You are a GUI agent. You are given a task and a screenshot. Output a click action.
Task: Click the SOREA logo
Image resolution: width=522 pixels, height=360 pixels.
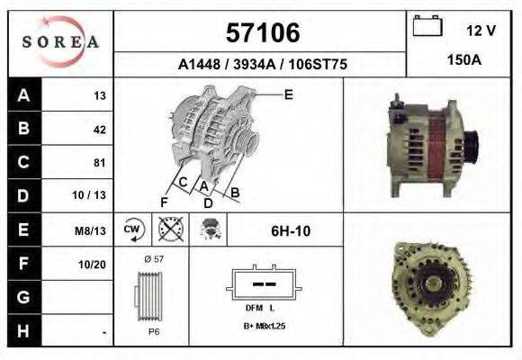(60, 42)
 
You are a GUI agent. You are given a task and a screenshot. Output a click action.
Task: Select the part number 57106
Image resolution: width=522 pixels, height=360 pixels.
(261, 33)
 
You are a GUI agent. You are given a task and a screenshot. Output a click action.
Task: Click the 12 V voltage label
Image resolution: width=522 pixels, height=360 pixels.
(481, 31)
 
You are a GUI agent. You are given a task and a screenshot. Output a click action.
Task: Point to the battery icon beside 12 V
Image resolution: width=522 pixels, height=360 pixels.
(426, 26)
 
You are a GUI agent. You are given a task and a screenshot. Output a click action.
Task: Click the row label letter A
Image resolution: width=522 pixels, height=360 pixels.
(23, 95)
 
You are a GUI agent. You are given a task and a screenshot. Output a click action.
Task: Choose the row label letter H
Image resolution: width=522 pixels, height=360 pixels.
(23, 332)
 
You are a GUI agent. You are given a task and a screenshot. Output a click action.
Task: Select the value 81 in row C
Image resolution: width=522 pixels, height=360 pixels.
(99, 163)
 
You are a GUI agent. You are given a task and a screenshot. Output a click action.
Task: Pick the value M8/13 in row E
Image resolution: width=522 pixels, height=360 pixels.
(92, 230)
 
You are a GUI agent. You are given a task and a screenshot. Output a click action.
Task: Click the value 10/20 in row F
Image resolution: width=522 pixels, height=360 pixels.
(94, 264)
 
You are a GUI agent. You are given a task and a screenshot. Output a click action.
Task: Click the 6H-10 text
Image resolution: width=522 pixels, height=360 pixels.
(291, 230)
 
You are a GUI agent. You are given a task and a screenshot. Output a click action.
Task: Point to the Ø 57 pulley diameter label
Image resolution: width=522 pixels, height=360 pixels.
(153, 259)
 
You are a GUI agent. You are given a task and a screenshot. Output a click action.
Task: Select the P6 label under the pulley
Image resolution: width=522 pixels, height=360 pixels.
(154, 331)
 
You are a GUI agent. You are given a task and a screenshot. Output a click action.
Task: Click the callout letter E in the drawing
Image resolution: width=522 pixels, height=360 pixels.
(289, 94)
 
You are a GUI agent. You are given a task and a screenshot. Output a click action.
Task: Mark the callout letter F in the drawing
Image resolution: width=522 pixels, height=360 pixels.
(164, 201)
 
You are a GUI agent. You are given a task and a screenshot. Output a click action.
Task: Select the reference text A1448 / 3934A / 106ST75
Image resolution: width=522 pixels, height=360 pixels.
(261, 65)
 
